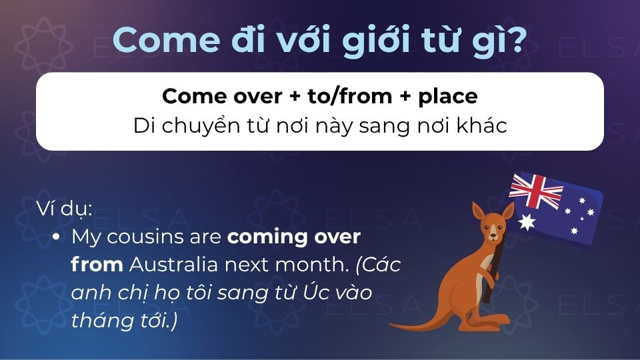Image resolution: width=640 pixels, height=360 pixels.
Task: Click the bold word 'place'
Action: (x=447, y=96)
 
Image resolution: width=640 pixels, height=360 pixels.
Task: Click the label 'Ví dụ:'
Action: (x=65, y=208)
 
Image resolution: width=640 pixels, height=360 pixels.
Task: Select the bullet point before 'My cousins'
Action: (x=57, y=237)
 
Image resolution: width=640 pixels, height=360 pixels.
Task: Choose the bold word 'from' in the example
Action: (x=97, y=265)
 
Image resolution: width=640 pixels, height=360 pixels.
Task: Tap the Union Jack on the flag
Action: (x=536, y=191)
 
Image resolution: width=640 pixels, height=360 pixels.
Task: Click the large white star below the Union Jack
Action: (x=527, y=222)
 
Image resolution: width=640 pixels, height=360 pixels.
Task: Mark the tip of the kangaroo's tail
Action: (x=393, y=327)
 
